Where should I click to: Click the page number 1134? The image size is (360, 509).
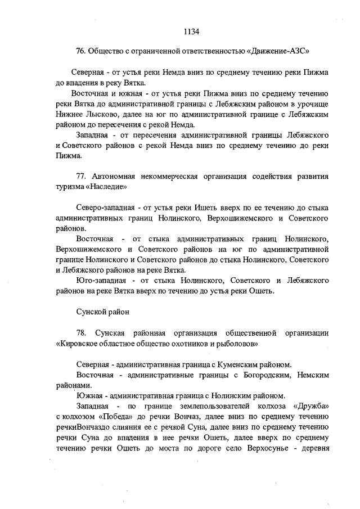pos(191,31)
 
